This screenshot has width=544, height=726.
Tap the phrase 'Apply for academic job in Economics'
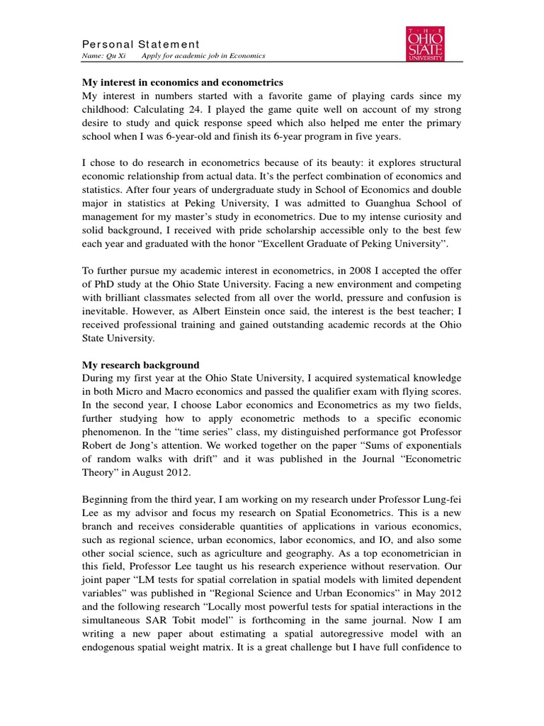[193, 56]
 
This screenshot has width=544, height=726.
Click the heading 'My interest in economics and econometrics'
[183, 83]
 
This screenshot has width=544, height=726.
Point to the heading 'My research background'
[140, 365]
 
